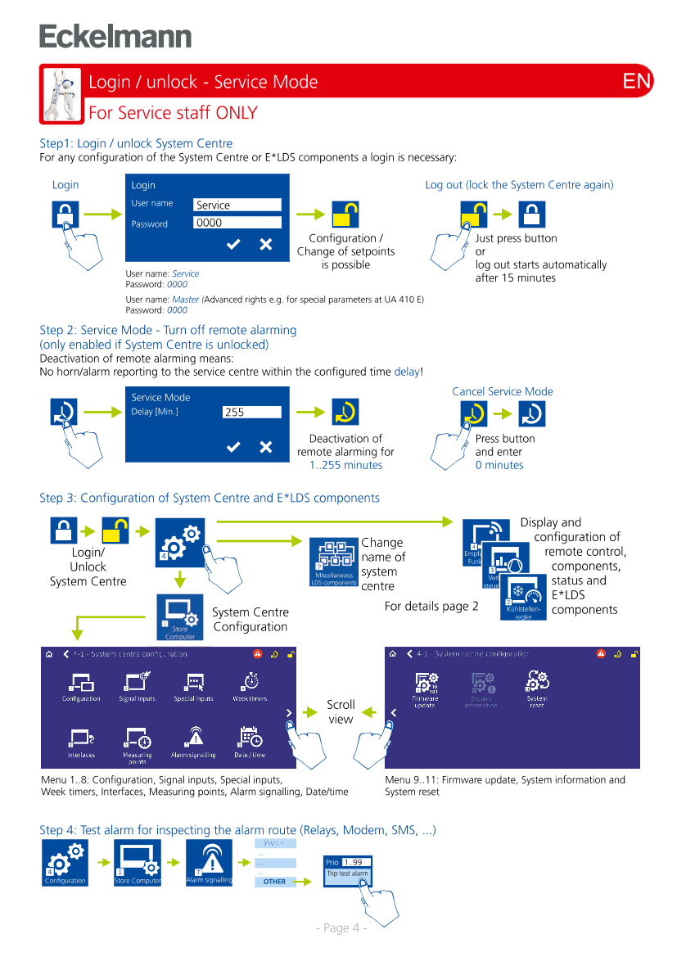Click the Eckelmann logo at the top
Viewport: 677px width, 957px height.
[115, 37]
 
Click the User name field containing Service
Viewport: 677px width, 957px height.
[237, 205]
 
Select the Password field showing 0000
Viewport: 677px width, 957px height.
[237, 223]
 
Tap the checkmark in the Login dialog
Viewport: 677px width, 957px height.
[233, 244]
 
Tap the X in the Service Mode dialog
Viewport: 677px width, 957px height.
[266, 447]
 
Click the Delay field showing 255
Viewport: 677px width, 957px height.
[251, 413]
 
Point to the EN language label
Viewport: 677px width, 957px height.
[636, 81]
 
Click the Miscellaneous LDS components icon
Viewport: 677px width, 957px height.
[333, 563]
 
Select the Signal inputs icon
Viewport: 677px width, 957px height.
[138, 685]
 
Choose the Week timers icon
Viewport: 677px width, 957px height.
[250, 685]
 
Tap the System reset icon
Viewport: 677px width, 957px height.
[537, 687]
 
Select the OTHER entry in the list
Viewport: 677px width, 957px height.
[274, 882]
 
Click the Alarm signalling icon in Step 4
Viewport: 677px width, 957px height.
[209, 863]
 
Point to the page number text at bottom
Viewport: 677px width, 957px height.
[341, 928]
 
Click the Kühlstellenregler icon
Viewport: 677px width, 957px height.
[524, 597]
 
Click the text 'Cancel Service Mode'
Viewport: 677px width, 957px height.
[503, 391]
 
